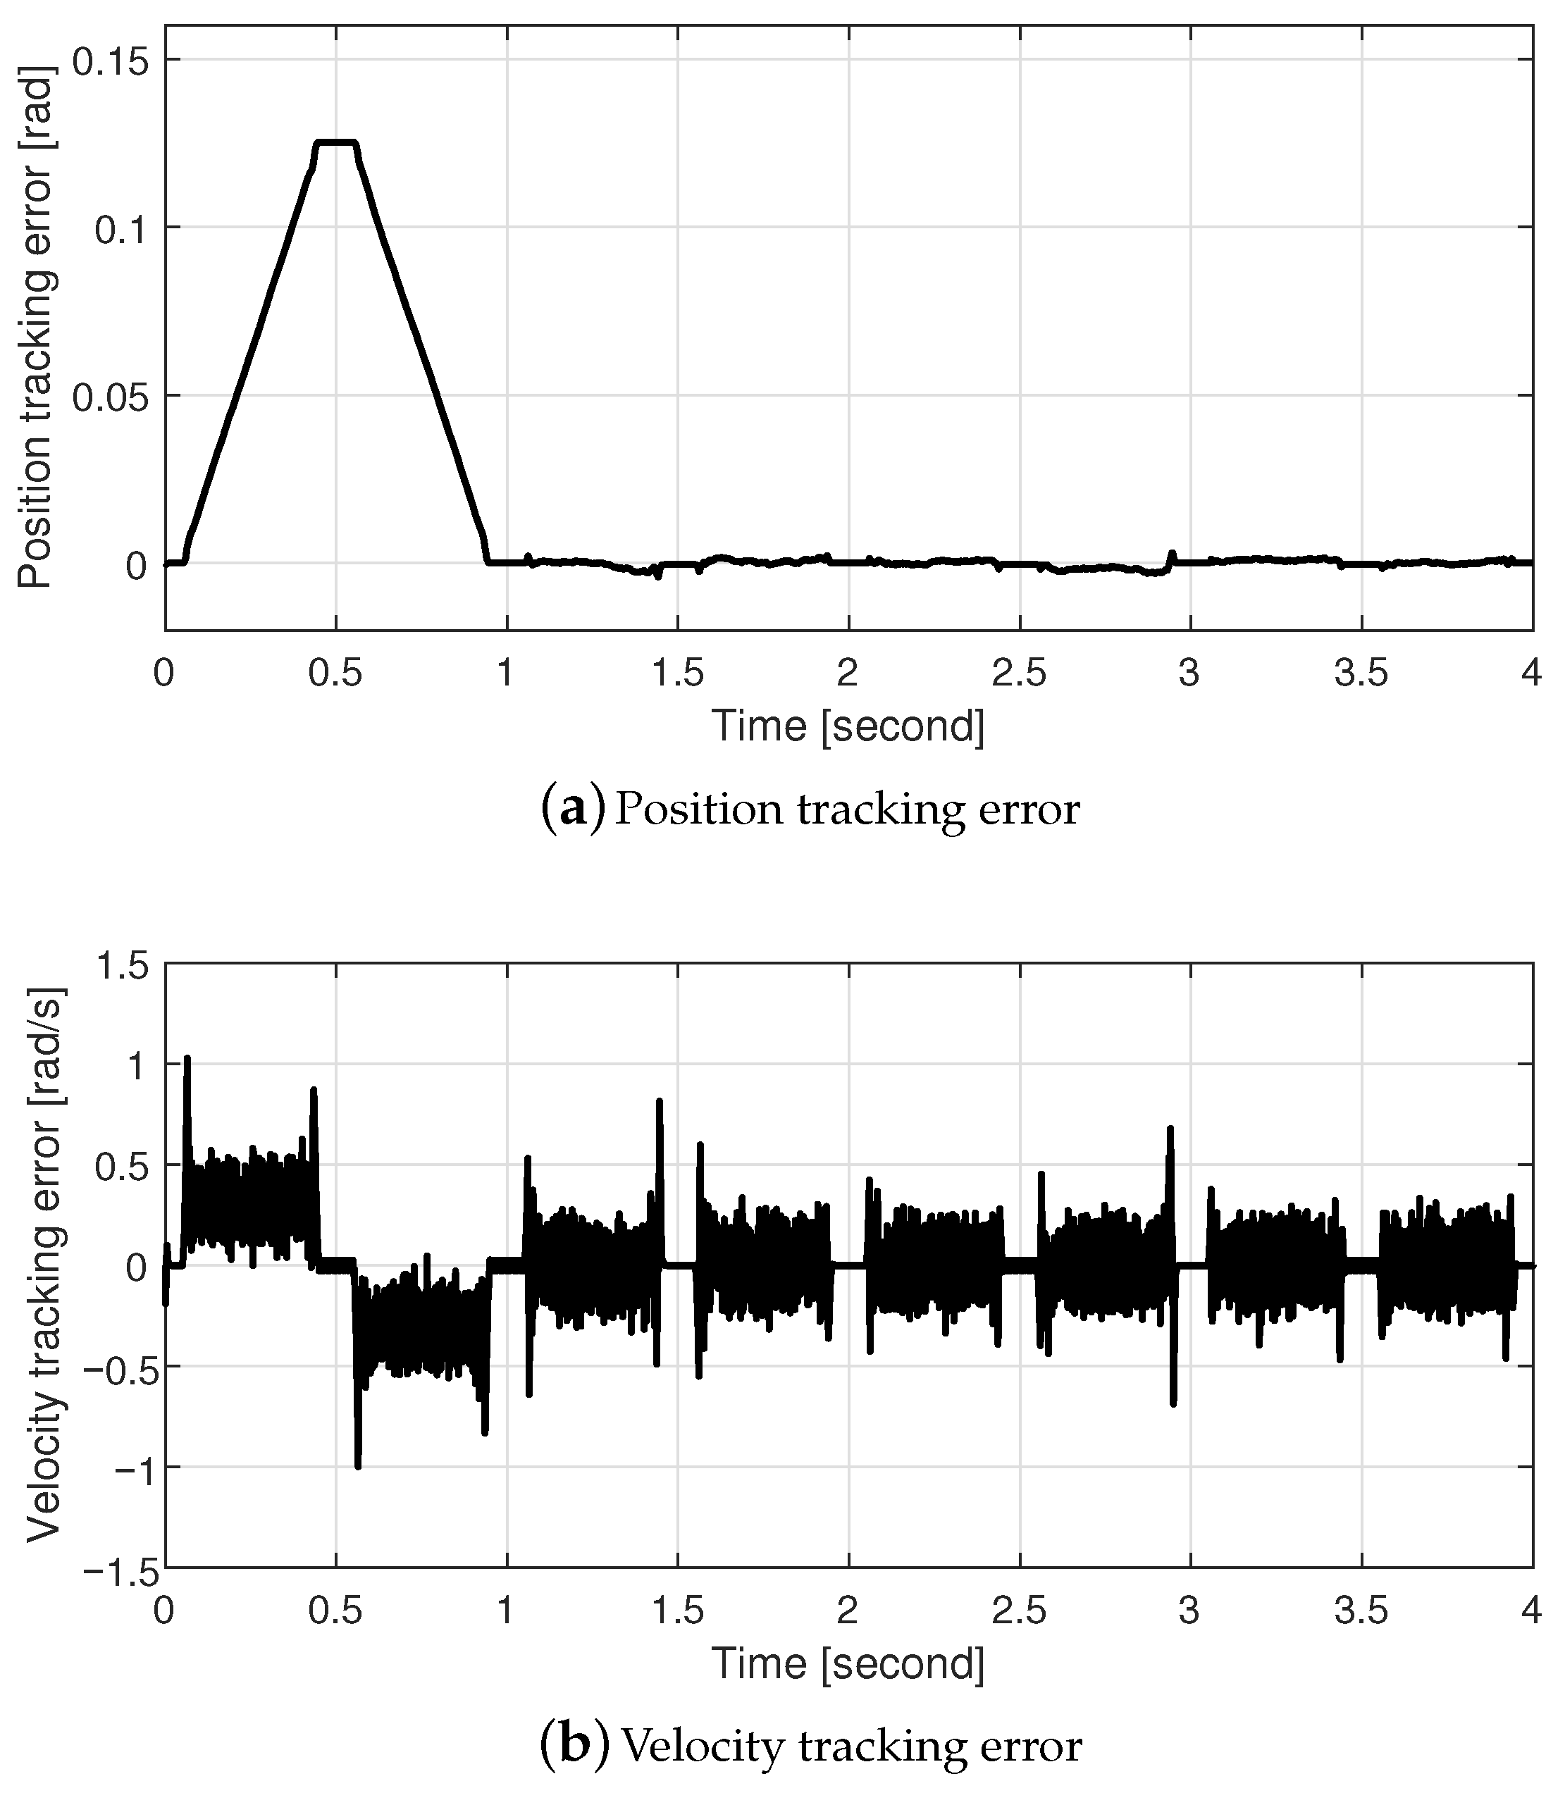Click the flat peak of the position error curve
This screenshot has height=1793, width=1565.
click(x=336, y=142)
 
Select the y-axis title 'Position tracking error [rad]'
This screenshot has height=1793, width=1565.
click(x=37, y=328)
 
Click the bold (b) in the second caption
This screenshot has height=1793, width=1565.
click(x=574, y=1746)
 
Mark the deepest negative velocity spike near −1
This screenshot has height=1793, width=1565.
click(x=358, y=1465)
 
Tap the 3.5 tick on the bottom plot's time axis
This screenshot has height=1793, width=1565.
click(x=1361, y=1611)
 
